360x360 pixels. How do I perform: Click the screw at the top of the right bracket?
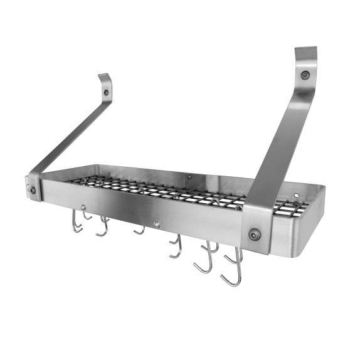pyautogui.click(x=305, y=75)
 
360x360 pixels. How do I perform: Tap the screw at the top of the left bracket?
pyautogui.click(x=106, y=92)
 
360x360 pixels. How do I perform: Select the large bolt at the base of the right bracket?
pyautogui.click(x=254, y=235)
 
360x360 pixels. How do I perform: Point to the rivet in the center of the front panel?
pyautogui.click(x=157, y=223)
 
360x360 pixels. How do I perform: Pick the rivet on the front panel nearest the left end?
pyautogui.click(x=82, y=207)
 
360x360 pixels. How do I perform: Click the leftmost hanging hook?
pyautogui.click(x=76, y=222)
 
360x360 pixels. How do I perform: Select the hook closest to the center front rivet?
pyautogui.click(x=139, y=230)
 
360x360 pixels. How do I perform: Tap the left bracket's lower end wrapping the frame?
pyautogui.click(x=34, y=187)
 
